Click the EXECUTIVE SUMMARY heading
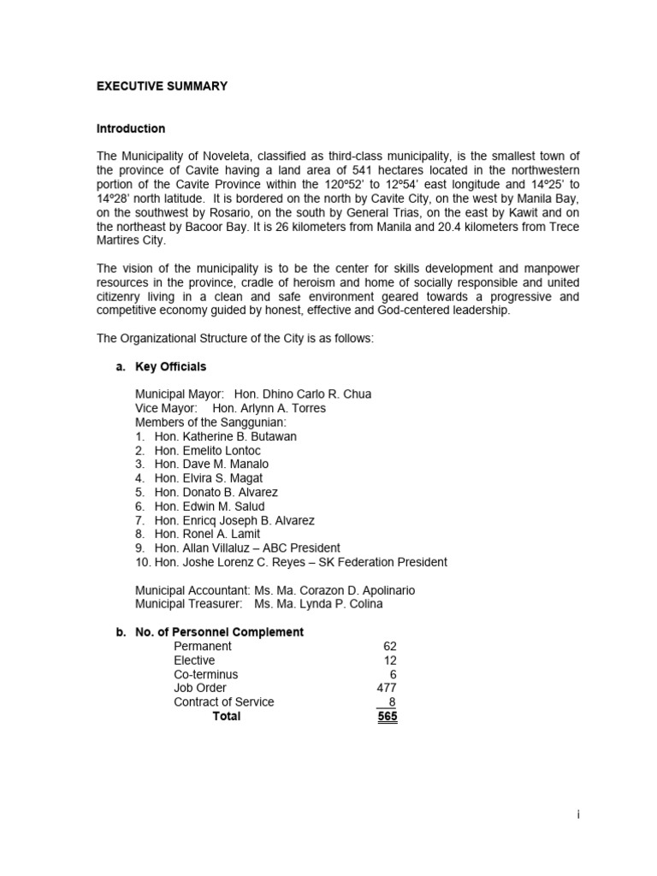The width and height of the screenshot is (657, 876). (x=162, y=86)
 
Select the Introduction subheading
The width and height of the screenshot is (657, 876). (x=131, y=128)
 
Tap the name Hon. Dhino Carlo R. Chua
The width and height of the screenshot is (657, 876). (x=303, y=394)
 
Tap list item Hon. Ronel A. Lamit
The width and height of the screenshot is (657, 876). (x=207, y=534)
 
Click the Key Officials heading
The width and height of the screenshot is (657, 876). (x=170, y=366)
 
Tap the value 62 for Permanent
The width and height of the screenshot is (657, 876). (x=390, y=647)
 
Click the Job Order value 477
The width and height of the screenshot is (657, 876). (x=387, y=688)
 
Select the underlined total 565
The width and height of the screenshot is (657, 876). (x=387, y=716)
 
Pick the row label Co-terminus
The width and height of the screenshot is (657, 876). (x=206, y=674)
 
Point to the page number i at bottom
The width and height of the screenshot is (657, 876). (x=579, y=815)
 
